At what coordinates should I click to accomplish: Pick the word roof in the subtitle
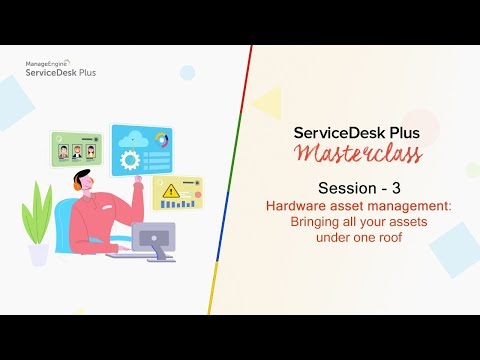369,236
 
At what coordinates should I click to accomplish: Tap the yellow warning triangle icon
172,189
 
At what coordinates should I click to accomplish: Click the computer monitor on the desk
153,238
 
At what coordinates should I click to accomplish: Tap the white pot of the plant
39,253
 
